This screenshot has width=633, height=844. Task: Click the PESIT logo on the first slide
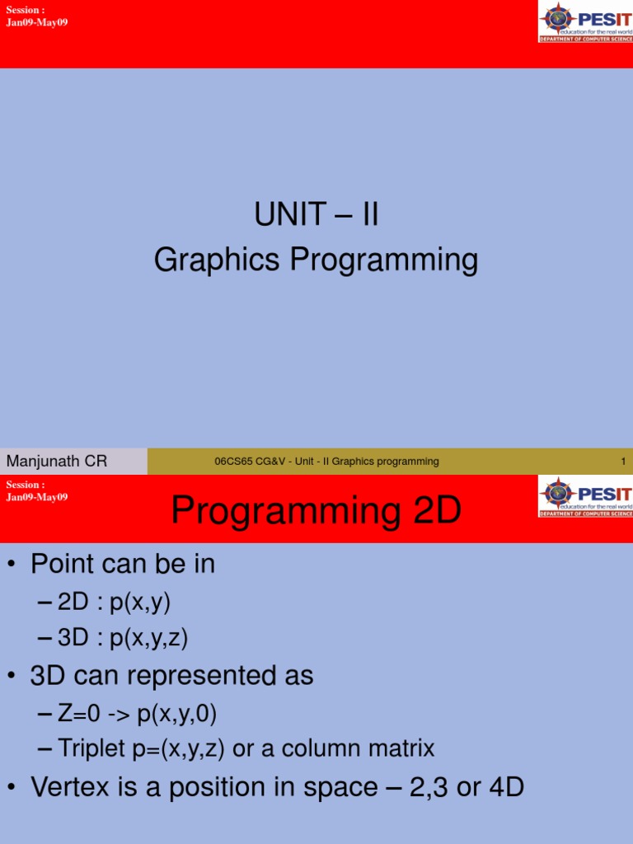tap(585, 21)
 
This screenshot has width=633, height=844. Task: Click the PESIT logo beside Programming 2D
tap(585, 496)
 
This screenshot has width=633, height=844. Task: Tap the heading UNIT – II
tap(316, 216)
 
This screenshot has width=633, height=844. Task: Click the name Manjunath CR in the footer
tap(57, 462)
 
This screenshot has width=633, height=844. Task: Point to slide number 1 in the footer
tap(623, 462)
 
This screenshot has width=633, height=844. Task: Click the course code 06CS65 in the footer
tap(232, 462)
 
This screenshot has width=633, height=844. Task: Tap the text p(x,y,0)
tap(178, 713)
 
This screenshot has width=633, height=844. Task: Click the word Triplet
tap(94, 749)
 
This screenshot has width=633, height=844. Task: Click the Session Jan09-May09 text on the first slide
tap(36, 16)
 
